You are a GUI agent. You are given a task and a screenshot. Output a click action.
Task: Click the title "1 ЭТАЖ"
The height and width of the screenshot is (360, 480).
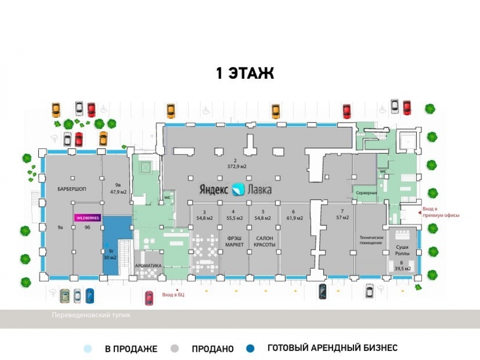(245, 74)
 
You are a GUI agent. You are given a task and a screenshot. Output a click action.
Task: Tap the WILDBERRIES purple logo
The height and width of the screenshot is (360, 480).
(87, 217)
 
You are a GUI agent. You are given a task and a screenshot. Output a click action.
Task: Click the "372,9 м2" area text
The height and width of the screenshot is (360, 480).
(237, 167)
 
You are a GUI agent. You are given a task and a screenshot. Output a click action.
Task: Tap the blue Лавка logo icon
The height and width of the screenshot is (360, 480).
(238, 189)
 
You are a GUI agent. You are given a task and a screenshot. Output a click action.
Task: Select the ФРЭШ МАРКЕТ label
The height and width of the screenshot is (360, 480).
(234, 241)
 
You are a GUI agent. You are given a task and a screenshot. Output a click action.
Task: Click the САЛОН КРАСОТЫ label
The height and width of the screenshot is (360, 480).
(264, 241)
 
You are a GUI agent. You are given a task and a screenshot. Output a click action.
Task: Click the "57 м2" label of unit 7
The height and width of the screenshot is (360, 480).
(342, 217)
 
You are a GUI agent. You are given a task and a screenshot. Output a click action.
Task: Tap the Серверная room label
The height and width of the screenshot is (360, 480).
(366, 193)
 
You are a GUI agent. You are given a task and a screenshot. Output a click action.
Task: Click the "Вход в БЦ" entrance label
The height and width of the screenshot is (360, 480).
(173, 294)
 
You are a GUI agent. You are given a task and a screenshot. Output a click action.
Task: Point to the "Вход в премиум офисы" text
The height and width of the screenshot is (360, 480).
(441, 212)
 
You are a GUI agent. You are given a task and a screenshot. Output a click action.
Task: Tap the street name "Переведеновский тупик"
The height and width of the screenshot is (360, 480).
(91, 315)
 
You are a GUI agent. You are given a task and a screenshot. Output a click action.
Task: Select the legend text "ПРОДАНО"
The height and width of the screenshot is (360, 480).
(213, 349)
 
